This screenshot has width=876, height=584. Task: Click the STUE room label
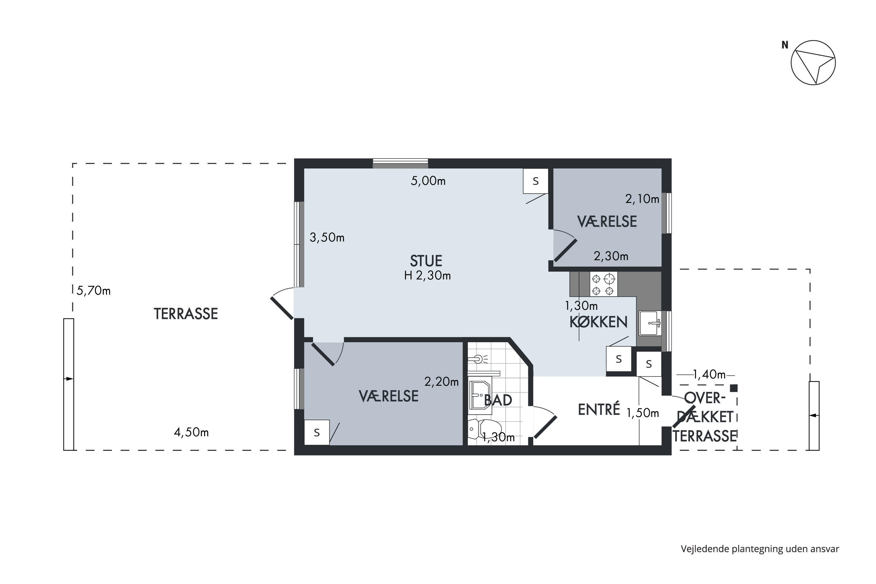click(x=426, y=261)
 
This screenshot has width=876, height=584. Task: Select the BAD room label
click(x=498, y=400)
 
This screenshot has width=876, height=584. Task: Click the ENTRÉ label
click(x=599, y=409)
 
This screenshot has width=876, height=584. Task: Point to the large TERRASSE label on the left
click(x=186, y=314)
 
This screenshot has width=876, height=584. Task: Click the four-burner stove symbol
click(x=603, y=284)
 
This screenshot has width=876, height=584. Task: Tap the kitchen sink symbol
click(x=650, y=323)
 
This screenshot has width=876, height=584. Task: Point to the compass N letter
click(x=785, y=45)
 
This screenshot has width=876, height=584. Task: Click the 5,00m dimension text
click(x=428, y=181)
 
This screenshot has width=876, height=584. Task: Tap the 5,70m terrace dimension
click(x=93, y=291)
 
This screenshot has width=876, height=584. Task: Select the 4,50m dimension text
click(x=191, y=432)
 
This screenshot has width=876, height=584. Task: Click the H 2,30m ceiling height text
click(x=427, y=276)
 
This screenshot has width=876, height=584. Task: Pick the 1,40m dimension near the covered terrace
click(x=709, y=374)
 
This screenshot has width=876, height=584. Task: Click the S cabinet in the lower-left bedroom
click(x=317, y=432)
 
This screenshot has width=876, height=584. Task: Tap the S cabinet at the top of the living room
click(x=536, y=181)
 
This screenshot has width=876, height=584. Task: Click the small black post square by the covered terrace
click(x=733, y=388)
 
